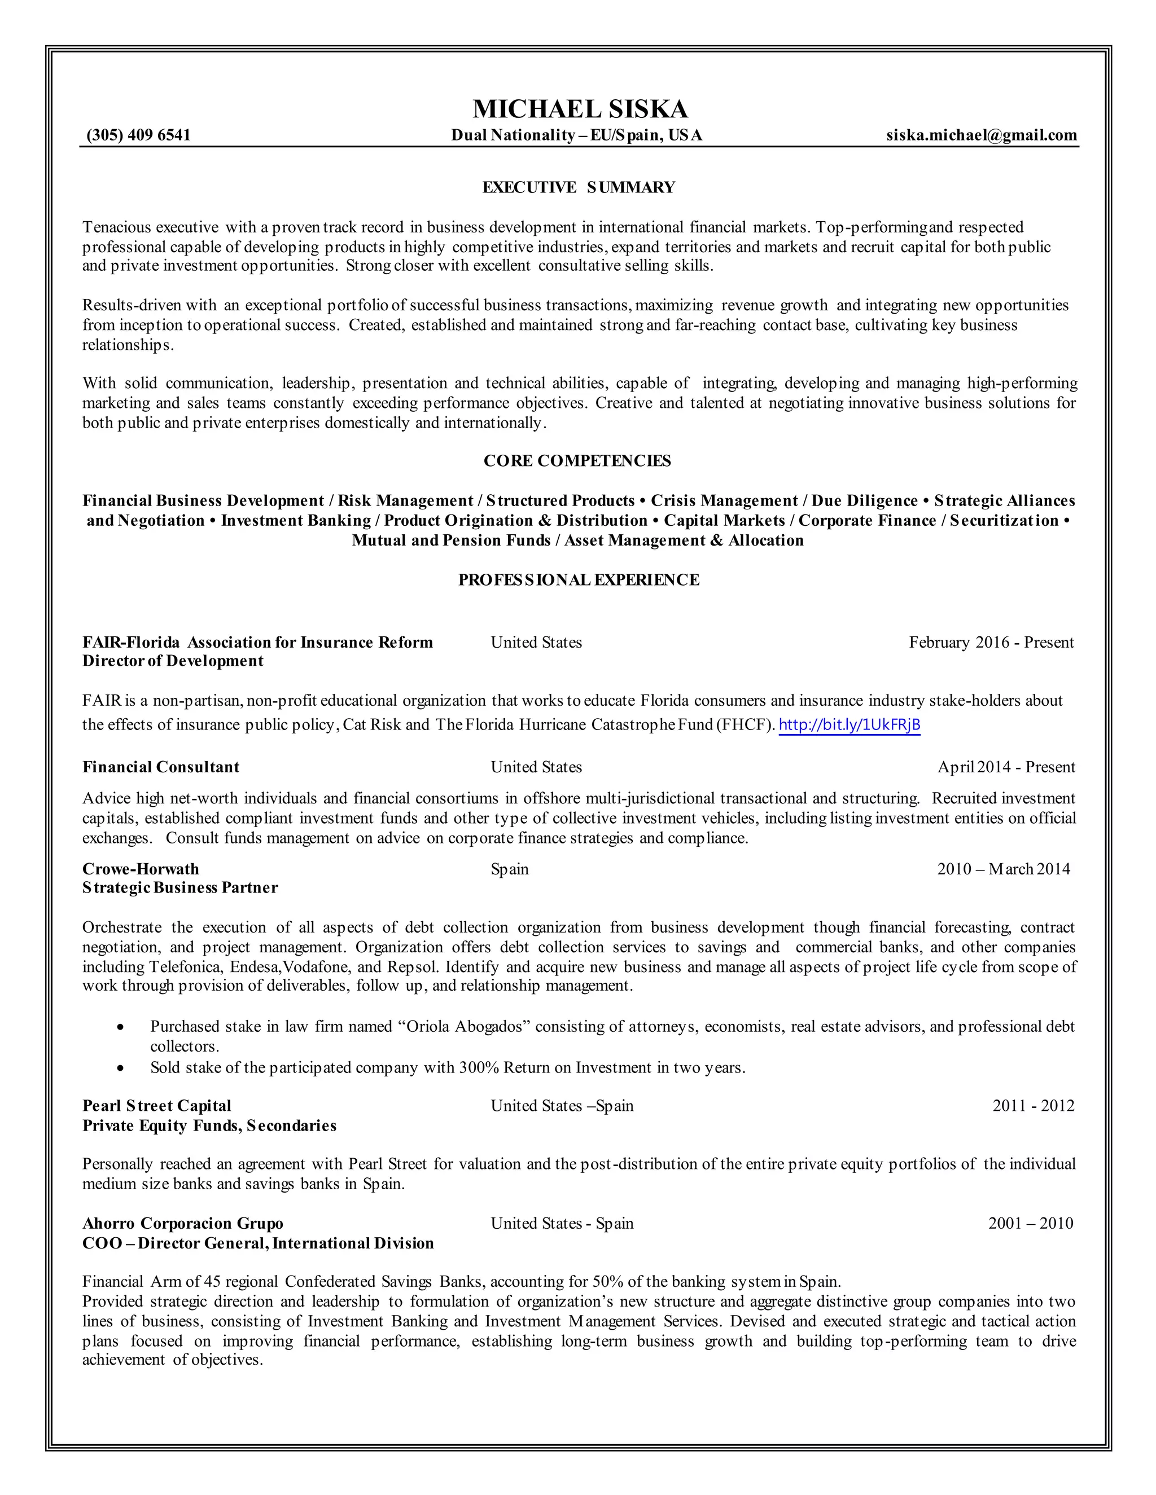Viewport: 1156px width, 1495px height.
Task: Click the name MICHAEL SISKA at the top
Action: (579, 109)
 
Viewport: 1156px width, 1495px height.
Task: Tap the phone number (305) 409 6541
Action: (138, 135)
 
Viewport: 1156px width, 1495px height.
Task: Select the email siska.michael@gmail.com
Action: (982, 135)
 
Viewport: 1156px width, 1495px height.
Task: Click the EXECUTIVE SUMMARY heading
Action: (579, 187)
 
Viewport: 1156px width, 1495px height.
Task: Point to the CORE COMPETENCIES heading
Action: (577, 461)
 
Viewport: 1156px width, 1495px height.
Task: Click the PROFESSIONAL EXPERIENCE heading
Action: (579, 580)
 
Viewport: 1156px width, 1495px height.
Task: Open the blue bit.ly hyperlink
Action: (849, 724)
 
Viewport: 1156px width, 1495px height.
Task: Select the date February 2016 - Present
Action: (991, 642)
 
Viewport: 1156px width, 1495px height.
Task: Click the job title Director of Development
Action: (173, 661)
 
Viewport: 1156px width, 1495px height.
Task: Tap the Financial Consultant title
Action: (161, 767)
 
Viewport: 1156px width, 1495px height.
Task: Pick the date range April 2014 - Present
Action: (1006, 767)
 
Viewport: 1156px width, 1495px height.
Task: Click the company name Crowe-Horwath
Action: (141, 869)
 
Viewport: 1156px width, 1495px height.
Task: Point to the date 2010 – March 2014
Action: (1003, 869)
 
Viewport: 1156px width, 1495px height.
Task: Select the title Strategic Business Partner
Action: (180, 888)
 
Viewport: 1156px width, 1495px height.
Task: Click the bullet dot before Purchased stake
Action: (121, 1027)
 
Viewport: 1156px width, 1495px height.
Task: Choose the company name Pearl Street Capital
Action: (157, 1106)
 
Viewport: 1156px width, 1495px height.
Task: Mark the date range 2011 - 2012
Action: (1033, 1106)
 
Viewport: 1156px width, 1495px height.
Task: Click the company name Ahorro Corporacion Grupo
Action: (183, 1223)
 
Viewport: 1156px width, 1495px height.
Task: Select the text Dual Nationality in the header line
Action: (513, 135)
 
